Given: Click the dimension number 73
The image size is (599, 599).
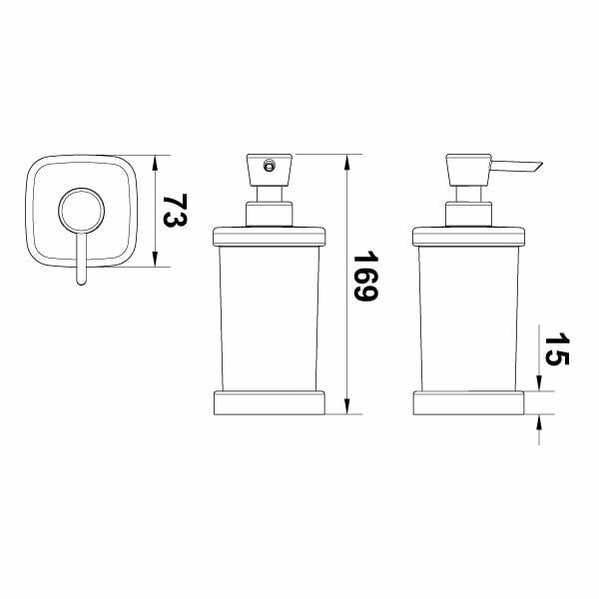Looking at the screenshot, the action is click(x=175, y=211).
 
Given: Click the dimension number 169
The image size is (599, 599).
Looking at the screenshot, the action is click(x=365, y=276).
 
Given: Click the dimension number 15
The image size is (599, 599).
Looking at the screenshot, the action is click(x=557, y=349).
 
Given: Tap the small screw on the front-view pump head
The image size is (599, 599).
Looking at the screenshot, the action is click(x=269, y=166).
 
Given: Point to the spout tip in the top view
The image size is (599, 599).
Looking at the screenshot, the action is click(x=82, y=282).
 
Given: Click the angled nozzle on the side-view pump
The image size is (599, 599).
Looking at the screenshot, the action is click(x=516, y=167).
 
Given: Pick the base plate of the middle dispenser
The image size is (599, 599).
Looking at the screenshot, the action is click(x=270, y=402).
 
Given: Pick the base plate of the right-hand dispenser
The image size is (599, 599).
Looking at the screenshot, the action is click(x=469, y=402).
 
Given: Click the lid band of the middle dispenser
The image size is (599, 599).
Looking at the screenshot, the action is click(x=270, y=237).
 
